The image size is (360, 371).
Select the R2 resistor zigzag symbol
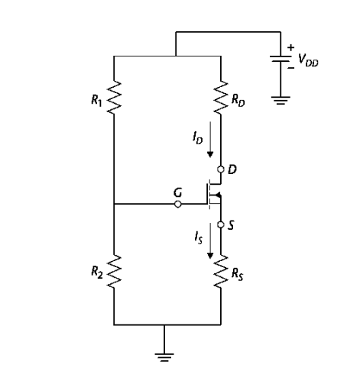(x=113, y=269)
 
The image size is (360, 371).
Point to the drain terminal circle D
(x=221, y=169)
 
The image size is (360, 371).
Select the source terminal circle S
(x=221, y=225)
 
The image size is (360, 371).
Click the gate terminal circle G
(x=179, y=205)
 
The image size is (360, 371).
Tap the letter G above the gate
(x=177, y=192)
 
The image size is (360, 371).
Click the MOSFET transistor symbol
(x=212, y=197)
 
